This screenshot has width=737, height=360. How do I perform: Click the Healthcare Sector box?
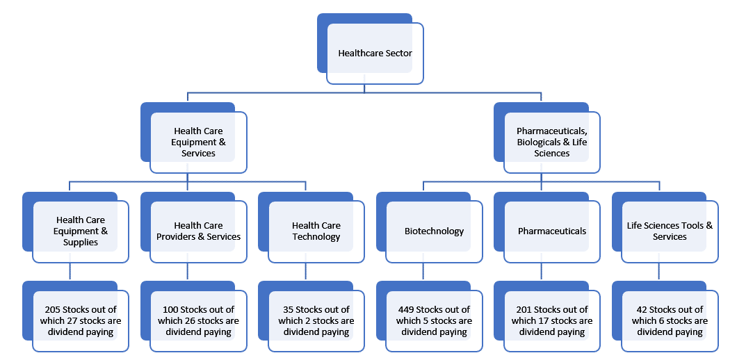coord(375,54)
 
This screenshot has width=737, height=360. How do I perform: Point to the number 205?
coord(53,310)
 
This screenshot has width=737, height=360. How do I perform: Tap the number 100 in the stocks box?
coord(170,310)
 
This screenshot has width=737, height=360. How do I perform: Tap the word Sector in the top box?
coord(398,54)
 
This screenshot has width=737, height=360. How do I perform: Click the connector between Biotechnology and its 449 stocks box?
coord(423,272)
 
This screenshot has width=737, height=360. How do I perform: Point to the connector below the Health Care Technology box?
coord(305,272)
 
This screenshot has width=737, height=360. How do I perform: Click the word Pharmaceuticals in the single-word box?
coord(552,231)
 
